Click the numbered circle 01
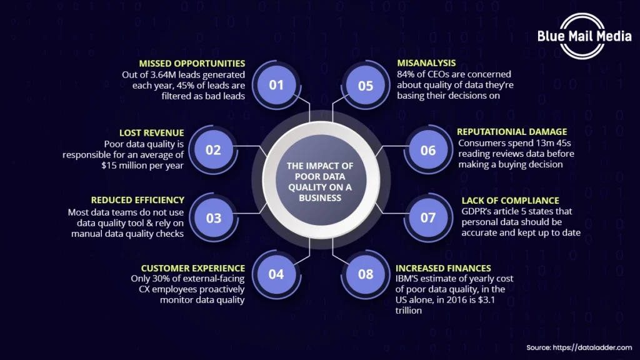[276, 85]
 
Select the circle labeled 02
[213, 150]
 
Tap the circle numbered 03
[214, 218]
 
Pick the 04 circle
[276, 274]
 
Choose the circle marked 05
[366, 85]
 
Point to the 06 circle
[427, 150]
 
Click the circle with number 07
[427, 218]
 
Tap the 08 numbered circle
[366, 274]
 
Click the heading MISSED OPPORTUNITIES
[192, 64]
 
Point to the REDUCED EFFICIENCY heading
[137, 201]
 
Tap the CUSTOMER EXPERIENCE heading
[192, 269]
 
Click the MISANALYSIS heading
[426, 63]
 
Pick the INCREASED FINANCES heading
[444, 269]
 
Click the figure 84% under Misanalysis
[406, 74]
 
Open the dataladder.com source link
[594, 347]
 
